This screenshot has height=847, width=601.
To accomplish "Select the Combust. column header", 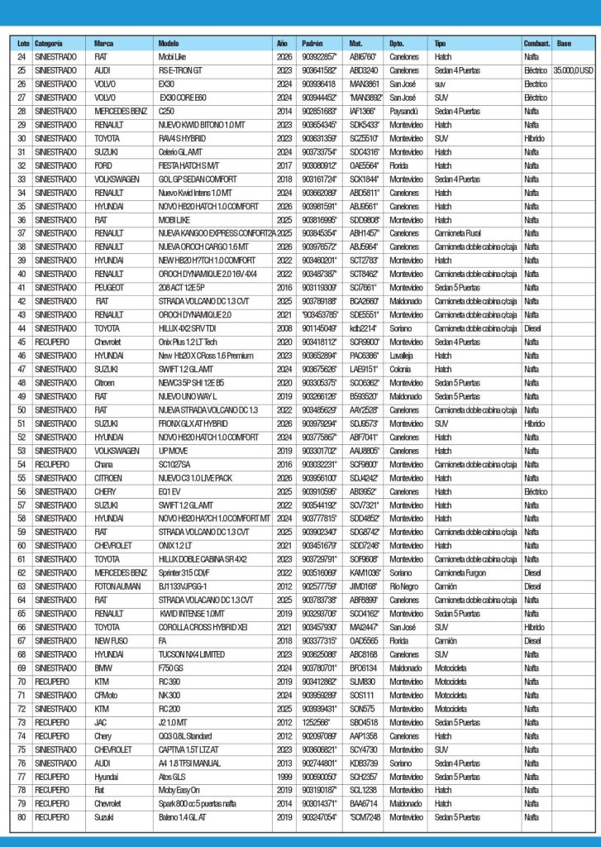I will [x=537, y=42].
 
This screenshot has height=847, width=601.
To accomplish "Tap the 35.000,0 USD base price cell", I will [x=574, y=70].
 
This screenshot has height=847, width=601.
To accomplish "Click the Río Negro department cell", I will [x=406, y=586].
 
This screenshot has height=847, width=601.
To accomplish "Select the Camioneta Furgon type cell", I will [x=463, y=572].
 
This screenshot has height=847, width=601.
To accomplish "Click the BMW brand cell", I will [x=103, y=668].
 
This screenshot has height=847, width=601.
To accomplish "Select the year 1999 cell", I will [x=283, y=776].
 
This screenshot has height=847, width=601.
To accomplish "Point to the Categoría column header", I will [x=50, y=42].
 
